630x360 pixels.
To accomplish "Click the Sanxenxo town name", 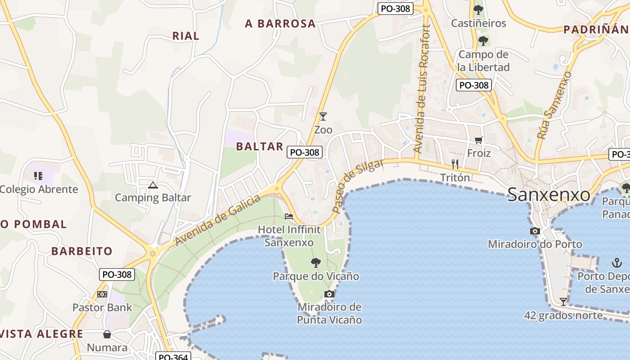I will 549,195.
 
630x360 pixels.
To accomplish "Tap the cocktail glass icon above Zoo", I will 323,116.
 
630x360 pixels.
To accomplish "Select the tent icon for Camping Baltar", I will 153,184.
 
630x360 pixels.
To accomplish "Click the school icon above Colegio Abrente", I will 38,175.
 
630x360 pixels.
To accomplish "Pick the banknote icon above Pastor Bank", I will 102,294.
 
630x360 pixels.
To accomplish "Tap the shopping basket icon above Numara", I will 107,334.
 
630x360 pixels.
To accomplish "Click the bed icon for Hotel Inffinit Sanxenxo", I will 289,216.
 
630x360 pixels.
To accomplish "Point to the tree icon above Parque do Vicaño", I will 316,262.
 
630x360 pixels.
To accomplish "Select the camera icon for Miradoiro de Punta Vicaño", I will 329,294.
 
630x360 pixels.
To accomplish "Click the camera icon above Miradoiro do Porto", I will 535,231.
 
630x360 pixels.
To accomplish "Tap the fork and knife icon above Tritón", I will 455,164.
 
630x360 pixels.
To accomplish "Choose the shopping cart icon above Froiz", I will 478,140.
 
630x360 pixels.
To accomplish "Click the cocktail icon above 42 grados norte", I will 563,301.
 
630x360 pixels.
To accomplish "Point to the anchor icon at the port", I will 616,263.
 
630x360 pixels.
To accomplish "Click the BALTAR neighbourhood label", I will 260,146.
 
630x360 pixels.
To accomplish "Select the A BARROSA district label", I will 280,24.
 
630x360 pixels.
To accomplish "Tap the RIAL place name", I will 186,36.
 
